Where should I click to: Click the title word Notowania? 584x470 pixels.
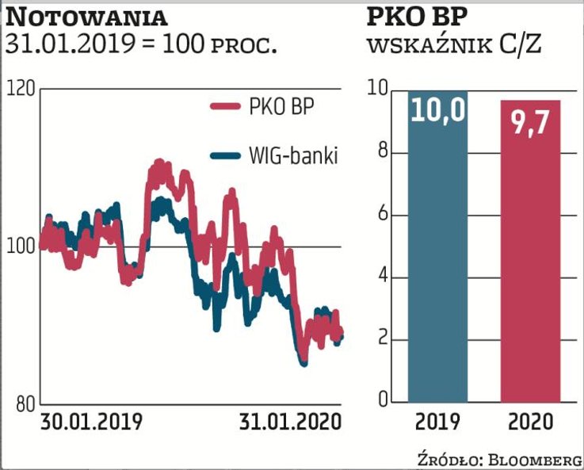click(x=87, y=17)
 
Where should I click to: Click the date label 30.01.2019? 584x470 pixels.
click(x=90, y=422)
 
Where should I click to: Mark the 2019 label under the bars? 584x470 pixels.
click(x=438, y=422)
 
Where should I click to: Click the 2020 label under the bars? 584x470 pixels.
click(x=530, y=422)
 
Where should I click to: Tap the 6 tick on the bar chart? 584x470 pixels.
click(x=383, y=215)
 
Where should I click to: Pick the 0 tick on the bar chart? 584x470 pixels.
click(x=383, y=401)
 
